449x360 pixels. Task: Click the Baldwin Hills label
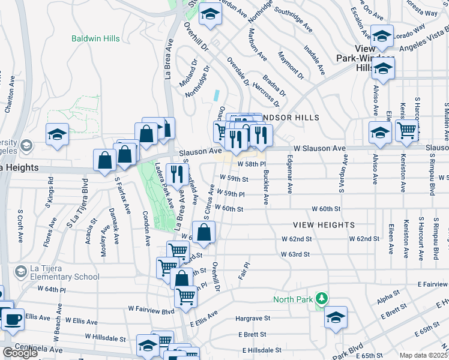coord(95,38)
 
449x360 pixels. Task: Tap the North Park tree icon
coord(322,298)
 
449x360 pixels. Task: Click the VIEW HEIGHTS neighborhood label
coord(324,224)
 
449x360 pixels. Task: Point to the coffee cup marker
coord(13,319)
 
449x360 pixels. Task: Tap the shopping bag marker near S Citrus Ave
coord(204,231)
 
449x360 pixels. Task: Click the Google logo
coord(20,353)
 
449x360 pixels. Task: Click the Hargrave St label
coord(253,318)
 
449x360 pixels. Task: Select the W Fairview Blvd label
coord(151,309)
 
